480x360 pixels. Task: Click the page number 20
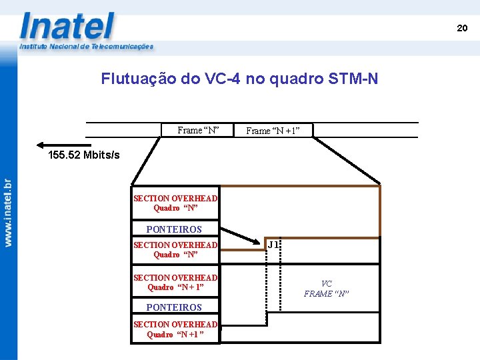[x=462, y=28]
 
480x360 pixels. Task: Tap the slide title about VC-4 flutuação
[x=239, y=79]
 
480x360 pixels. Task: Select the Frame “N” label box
[x=199, y=130]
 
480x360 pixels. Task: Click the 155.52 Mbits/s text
[x=84, y=155]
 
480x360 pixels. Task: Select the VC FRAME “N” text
[x=326, y=289]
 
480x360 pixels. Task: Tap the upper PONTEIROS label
[x=173, y=229]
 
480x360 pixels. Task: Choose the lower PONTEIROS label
[x=173, y=307]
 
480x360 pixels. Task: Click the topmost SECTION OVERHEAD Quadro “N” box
[x=175, y=203]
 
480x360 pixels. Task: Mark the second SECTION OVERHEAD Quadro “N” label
[x=175, y=249]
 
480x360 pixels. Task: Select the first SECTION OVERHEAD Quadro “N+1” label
[x=175, y=282]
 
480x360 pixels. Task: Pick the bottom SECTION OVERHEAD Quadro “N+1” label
[x=175, y=329]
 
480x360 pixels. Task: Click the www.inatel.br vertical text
[x=8, y=213]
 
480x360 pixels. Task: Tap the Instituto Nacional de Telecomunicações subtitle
[x=86, y=47]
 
